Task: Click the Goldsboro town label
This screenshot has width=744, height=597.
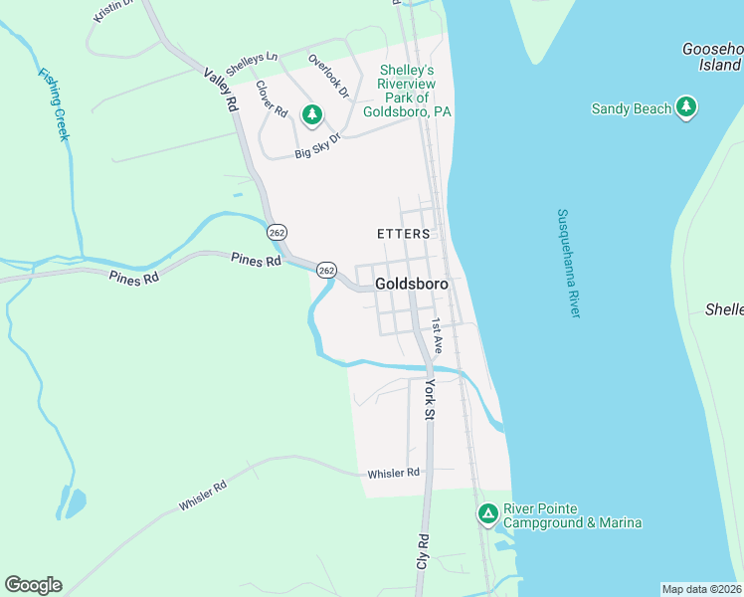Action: click(x=412, y=284)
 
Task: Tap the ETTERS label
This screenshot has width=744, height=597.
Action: click(x=404, y=234)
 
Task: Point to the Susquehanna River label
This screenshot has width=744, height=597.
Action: click(x=568, y=263)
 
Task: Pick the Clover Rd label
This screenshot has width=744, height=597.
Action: click(x=271, y=98)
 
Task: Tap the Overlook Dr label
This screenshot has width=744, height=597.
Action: click(x=328, y=76)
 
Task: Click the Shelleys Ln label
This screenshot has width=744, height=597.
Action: click(x=252, y=61)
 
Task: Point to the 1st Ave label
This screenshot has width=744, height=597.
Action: click(x=437, y=331)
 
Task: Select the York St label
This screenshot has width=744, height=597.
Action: click(x=431, y=397)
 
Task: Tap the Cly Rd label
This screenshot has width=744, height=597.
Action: click(x=423, y=553)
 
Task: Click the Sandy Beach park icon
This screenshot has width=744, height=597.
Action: click(x=685, y=107)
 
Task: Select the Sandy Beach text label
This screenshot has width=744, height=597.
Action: click(x=631, y=108)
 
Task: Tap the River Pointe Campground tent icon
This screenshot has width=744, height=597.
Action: click(x=487, y=513)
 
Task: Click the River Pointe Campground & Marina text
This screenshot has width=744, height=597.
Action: click(x=572, y=515)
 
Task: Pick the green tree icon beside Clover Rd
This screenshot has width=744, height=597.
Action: click(x=312, y=115)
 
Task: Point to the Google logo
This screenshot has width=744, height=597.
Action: click(x=34, y=584)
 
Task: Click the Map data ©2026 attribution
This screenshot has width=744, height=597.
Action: click(x=702, y=589)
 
